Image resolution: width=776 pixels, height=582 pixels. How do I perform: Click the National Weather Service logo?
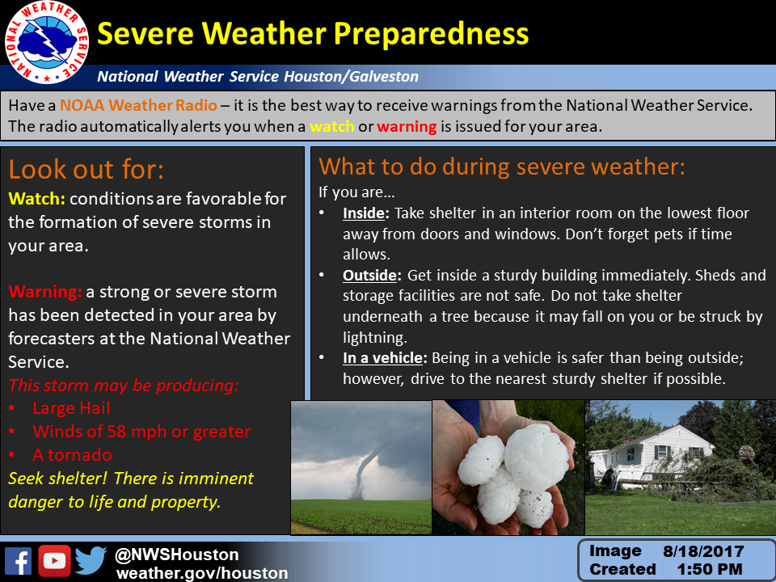(47, 42)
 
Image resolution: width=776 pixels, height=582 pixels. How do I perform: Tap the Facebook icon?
(19, 561)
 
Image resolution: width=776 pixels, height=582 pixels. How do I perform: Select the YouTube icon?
(54, 561)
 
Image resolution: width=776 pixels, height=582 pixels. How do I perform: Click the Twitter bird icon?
(91, 561)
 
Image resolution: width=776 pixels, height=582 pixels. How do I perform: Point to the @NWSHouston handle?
(177, 555)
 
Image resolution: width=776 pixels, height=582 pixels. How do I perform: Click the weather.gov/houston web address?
(202, 573)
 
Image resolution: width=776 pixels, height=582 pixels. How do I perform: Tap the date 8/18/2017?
(703, 551)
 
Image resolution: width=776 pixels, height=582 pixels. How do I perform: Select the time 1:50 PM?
(710, 569)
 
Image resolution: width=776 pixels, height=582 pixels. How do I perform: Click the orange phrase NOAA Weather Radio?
(138, 105)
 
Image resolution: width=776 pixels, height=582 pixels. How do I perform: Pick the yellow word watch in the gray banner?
(332, 126)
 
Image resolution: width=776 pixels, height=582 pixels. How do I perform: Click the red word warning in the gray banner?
(407, 127)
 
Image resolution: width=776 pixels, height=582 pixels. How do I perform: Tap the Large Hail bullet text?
(71, 408)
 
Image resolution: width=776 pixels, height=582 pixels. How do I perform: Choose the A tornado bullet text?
(72, 455)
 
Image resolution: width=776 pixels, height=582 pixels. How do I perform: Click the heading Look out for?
(86, 169)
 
